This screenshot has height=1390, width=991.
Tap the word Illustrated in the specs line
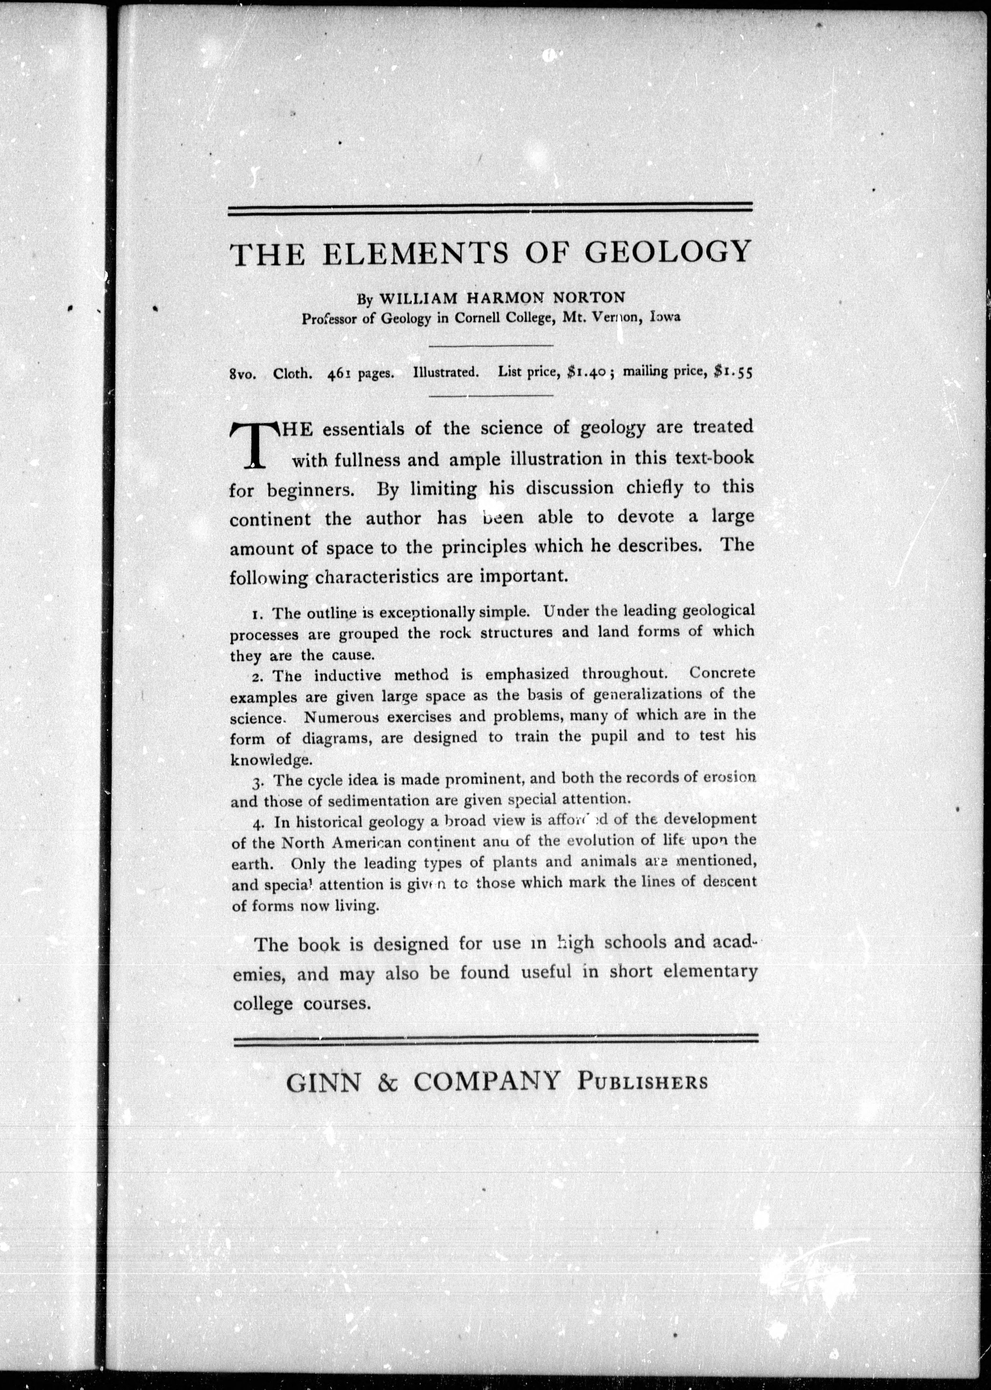click(x=445, y=372)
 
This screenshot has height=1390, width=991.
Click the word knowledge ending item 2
click(x=270, y=760)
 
